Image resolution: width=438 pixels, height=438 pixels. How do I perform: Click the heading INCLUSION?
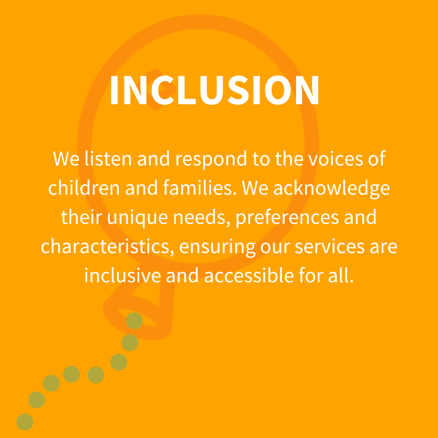[215, 90]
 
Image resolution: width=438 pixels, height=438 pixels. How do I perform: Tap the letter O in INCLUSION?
[278, 90]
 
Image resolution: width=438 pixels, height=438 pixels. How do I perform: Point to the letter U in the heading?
[212, 90]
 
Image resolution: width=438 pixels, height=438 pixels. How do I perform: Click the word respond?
[211, 159]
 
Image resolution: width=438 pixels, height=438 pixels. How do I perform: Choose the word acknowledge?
[332, 189]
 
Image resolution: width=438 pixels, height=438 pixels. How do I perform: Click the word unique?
[137, 218]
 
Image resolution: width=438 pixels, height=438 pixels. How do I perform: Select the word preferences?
[287, 218]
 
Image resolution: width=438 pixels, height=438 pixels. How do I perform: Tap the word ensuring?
[217, 247]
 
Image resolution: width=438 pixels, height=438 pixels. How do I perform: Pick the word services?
[330, 247]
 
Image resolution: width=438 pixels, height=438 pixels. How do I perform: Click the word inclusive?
[122, 275]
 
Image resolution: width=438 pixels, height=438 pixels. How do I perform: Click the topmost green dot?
[134, 321]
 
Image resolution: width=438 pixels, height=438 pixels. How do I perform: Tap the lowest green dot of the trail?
[25, 422]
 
